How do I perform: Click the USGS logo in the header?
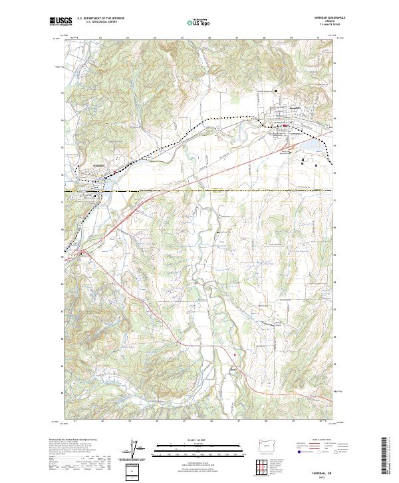pyautogui.click(x=61, y=21)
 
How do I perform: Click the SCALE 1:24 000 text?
pyautogui.click(x=199, y=439)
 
